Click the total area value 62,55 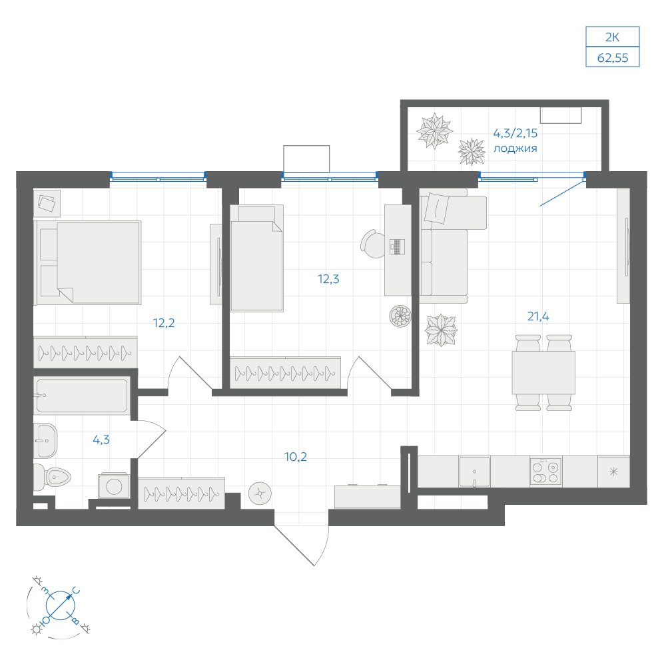coord(612,58)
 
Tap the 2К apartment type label coord(612,37)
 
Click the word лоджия coord(515,149)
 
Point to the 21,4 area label coord(537,316)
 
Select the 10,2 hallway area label coord(295,457)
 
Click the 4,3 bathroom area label coord(101,440)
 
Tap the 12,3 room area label coord(328,279)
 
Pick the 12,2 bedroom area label coord(164,323)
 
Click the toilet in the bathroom coord(51,477)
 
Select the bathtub coord(82,396)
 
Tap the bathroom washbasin coord(45,440)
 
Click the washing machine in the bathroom coord(114,486)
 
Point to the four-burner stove coord(545,472)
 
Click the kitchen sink coord(474,472)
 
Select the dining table coord(543,372)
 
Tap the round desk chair coord(373,244)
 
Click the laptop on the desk coord(397,247)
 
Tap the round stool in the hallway coord(260,494)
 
